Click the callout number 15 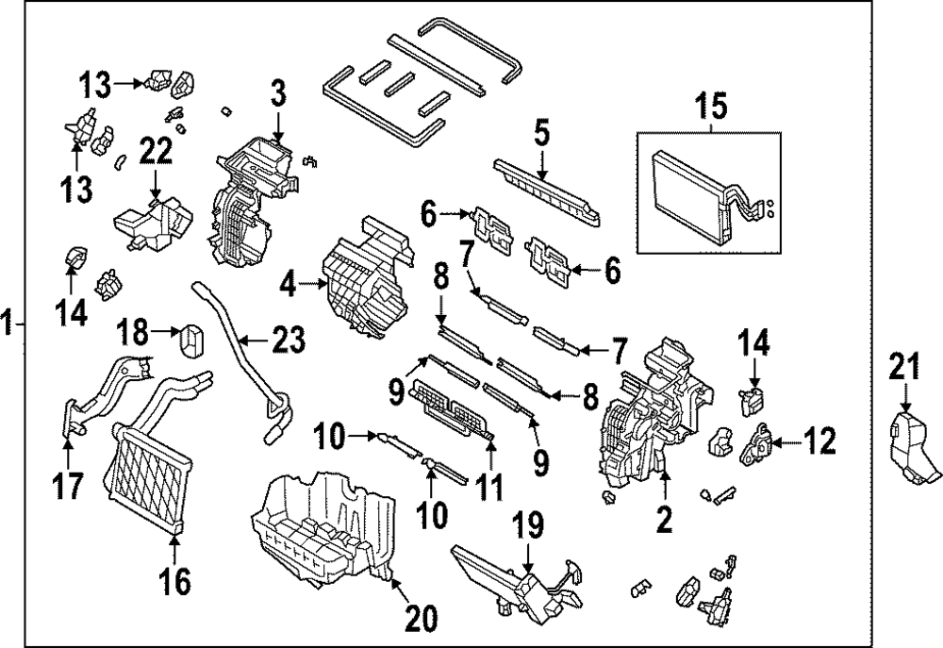coord(713,106)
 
